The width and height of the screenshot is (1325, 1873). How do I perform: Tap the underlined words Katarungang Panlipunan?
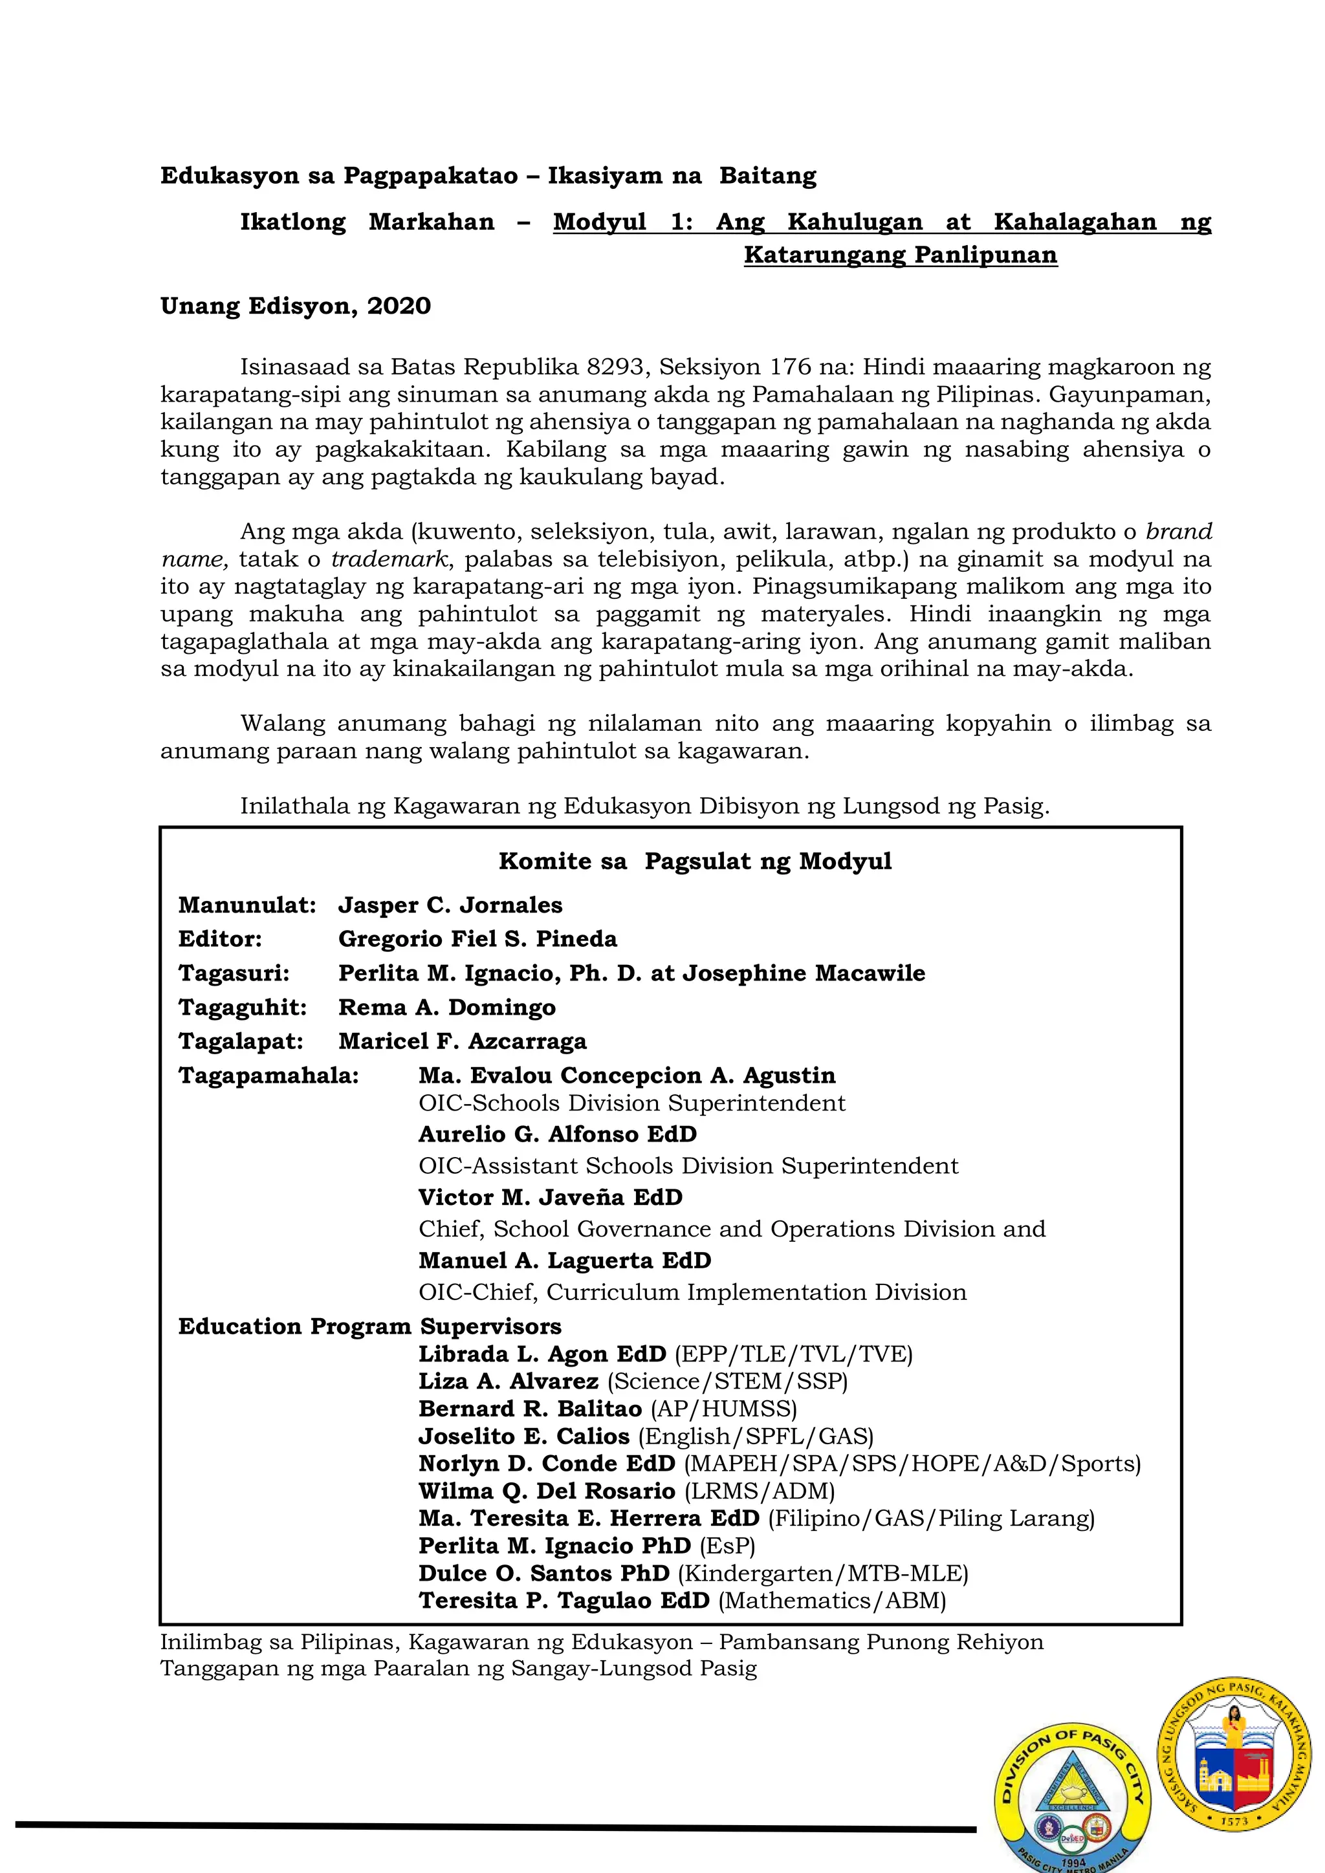(x=900, y=255)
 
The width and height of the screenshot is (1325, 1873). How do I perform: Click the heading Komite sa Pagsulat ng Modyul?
(x=694, y=861)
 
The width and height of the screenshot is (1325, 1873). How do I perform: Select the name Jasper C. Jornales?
(x=450, y=905)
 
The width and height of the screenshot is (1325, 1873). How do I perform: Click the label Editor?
(x=220, y=939)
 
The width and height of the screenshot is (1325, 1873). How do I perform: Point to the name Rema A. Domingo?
(x=446, y=1008)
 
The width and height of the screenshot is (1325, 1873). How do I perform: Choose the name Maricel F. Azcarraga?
(x=462, y=1042)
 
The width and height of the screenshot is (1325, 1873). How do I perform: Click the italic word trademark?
(x=389, y=559)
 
